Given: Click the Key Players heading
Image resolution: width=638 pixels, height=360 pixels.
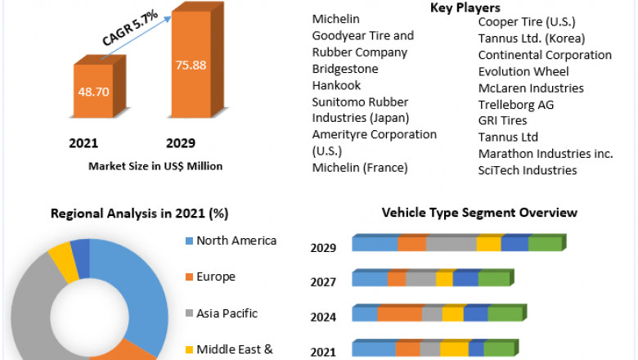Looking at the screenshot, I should (464, 7).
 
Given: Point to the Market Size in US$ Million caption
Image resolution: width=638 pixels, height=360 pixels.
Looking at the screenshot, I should (155, 166).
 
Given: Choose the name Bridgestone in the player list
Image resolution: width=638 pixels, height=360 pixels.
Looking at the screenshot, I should (345, 69).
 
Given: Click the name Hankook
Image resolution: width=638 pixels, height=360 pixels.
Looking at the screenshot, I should (337, 85).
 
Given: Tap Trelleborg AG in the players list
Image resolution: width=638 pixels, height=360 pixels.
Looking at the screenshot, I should (516, 105).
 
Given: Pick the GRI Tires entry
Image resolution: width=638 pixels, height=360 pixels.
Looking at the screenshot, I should (503, 121).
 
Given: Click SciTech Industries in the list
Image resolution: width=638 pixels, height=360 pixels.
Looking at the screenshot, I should (528, 170).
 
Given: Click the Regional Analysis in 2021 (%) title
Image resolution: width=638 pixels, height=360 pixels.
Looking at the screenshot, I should (139, 214).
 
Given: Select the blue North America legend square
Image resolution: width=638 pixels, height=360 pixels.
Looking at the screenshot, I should (190, 241).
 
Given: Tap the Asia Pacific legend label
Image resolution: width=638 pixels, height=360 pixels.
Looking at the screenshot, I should (227, 313).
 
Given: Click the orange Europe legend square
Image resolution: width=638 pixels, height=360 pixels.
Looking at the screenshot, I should (190, 277).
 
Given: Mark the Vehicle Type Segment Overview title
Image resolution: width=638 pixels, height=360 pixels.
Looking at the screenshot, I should (479, 213).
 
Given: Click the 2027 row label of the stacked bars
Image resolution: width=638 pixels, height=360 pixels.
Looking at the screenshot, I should (323, 282).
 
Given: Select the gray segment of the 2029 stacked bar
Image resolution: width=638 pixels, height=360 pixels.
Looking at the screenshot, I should (451, 244).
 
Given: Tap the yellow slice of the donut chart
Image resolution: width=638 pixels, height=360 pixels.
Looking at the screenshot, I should (61, 257).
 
